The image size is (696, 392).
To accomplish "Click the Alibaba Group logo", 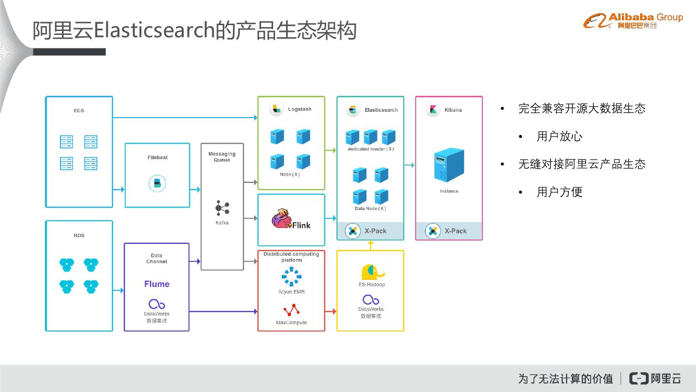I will click(633, 20).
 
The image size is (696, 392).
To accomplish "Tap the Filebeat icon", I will click(157, 183).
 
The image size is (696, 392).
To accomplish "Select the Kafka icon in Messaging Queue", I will click(222, 208).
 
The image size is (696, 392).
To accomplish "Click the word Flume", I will click(157, 284).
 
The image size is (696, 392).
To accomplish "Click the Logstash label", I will click(300, 109).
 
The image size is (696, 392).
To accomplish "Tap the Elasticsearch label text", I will click(381, 110).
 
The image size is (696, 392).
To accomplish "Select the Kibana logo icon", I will click(433, 109).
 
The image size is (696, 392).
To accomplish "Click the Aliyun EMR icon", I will click(291, 277).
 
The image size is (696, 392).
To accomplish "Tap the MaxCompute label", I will click(291, 323).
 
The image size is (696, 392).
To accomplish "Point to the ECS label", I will click(79, 111).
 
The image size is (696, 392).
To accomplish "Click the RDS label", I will click(79, 236).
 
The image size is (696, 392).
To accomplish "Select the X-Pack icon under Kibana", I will click(433, 231).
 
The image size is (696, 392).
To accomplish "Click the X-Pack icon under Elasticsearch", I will click(353, 231).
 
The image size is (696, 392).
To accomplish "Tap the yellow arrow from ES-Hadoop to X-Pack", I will click(371, 245).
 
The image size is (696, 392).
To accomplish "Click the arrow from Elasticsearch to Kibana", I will click(409, 165).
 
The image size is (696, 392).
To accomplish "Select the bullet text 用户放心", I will click(559, 136).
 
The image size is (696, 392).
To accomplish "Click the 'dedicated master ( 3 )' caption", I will click(370, 149).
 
